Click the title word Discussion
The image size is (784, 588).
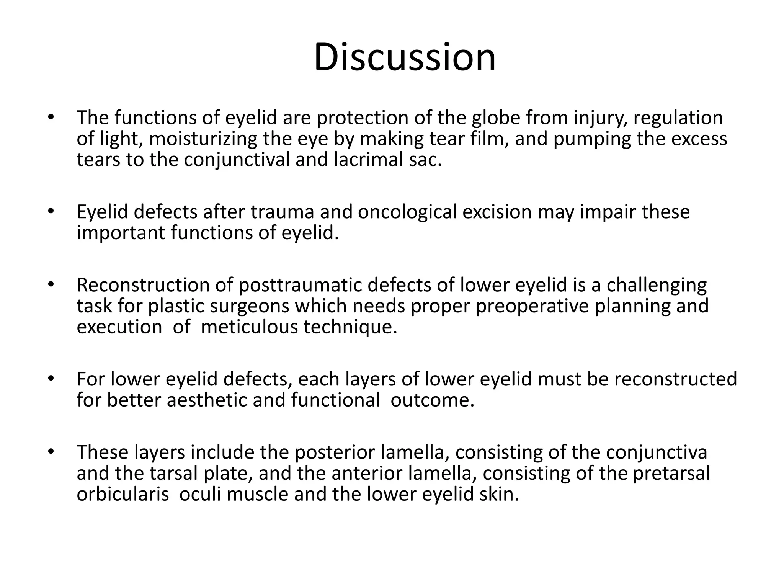405,57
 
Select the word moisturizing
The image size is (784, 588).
203,139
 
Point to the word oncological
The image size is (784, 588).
407,212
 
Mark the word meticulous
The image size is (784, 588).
249,327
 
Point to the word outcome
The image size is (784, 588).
432,400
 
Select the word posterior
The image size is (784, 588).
334,452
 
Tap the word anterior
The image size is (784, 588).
367,473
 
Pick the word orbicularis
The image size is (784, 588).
123,494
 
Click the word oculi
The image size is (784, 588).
200,494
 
